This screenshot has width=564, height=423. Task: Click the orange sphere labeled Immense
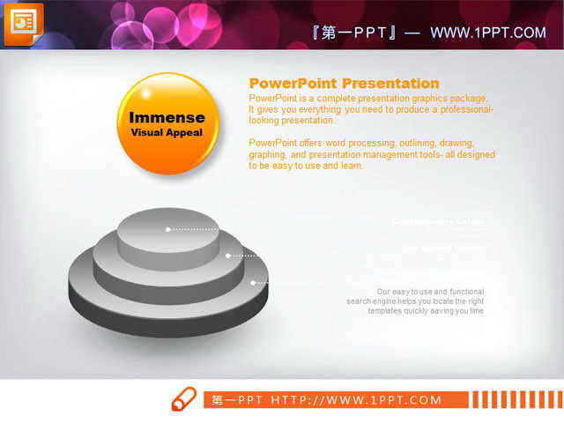[x=167, y=123]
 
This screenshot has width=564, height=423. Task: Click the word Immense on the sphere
[x=167, y=117]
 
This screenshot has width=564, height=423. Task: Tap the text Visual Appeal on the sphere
[x=167, y=133]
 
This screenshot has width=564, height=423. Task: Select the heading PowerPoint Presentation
[x=345, y=84]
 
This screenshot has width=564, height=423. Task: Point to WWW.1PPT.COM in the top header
[x=488, y=33]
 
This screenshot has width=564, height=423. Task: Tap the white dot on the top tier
[x=168, y=229]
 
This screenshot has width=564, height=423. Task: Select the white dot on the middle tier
[x=228, y=256]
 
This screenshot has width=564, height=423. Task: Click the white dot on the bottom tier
[x=254, y=283]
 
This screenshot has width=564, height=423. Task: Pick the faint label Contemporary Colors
[x=438, y=221]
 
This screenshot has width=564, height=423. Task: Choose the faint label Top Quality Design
[x=443, y=248]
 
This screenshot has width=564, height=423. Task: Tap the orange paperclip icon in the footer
[x=182, y=398]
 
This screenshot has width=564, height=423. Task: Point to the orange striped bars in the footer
[x=515, y=399]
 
